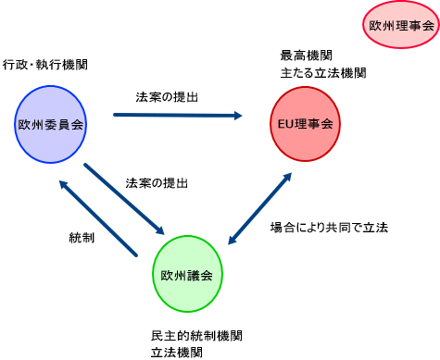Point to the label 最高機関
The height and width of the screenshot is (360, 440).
click(x=306, y=56)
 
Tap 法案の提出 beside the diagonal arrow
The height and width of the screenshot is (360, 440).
click(x=157, y=183)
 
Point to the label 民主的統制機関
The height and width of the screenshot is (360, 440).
click(x=197, y=335)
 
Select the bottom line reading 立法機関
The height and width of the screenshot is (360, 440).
click(x=176, y=353)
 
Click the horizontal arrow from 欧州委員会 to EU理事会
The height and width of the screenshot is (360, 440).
click(x=176, y=116)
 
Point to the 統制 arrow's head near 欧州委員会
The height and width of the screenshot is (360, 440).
click(x=65, y=182)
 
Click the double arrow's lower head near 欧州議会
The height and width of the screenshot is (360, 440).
click(x=233, y=242)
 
